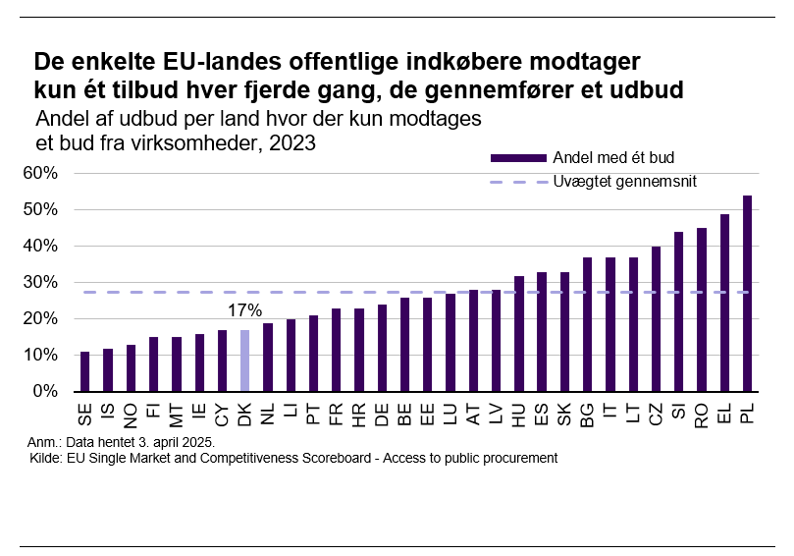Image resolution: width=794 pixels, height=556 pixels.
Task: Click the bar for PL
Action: (x=747, y=294)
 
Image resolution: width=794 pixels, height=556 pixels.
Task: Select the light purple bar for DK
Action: (x=245, y=361)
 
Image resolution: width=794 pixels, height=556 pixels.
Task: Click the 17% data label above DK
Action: (x=245, y=310)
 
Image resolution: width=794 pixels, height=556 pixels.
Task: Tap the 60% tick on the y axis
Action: (x=42, y=174)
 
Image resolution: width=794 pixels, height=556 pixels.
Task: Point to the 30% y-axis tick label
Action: (x=42, y=283)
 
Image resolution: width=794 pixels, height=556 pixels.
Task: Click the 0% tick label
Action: (x=47, y=392)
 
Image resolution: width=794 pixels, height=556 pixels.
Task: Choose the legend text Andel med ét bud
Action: (x=613, y=157)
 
